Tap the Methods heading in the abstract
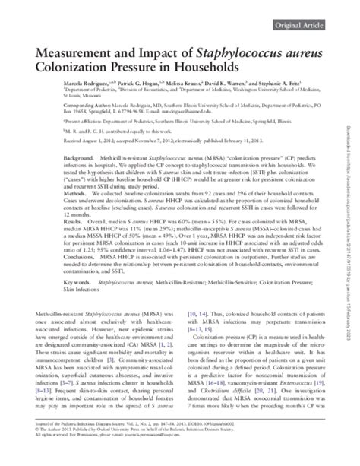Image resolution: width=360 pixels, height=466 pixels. [x=46, y=215]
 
